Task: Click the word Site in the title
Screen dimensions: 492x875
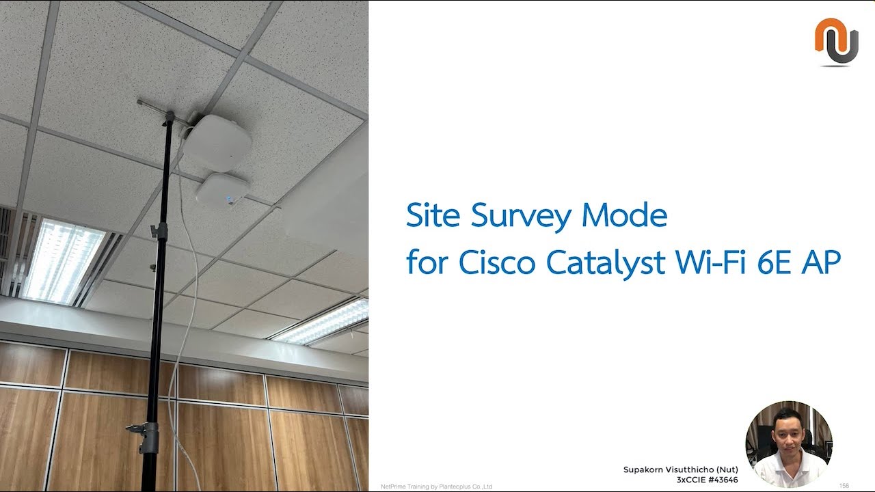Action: (431, 216)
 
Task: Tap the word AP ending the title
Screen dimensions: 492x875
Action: (820, 262)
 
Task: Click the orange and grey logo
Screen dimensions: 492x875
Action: (836, 42)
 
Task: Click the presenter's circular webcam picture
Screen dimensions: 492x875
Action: (788, 443)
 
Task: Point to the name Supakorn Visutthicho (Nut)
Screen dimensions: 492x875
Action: (680, 469)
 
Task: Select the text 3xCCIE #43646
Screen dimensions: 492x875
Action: (707, 480)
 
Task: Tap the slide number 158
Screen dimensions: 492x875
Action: (844, 486)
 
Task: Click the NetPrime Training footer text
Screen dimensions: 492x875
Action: (436, 487)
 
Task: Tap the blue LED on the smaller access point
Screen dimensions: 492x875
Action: (230, 200)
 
